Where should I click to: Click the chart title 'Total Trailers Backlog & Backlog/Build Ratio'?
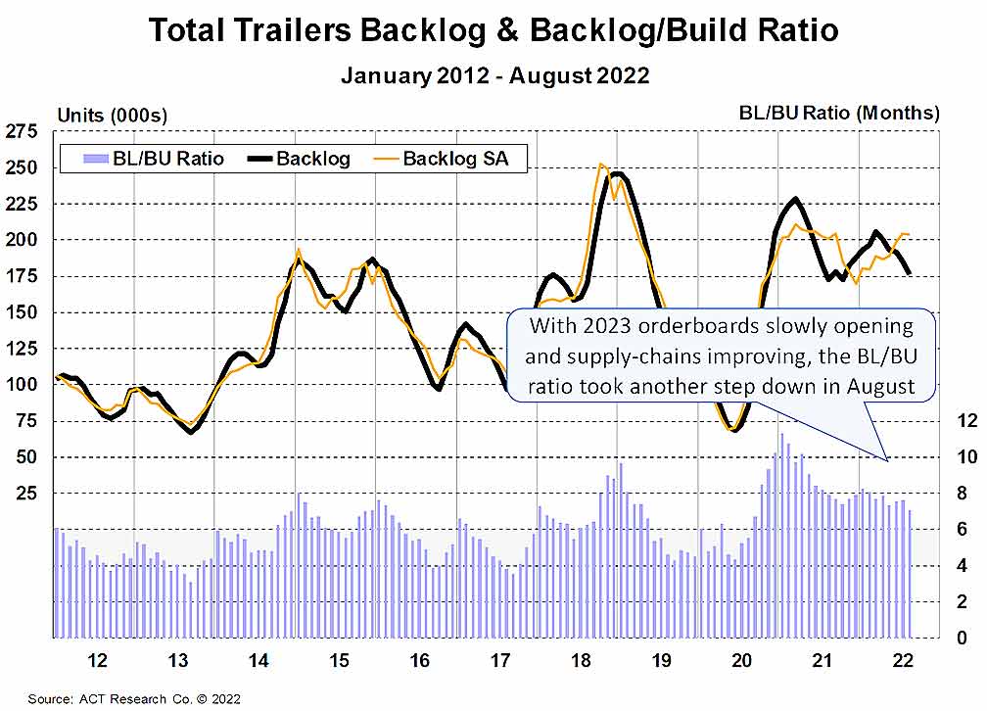(x=493, y=30)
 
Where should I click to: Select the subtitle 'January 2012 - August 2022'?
(x=493, y=75)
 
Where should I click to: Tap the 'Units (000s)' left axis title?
(x=112, y=115)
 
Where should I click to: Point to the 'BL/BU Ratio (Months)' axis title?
(x=839, y=113)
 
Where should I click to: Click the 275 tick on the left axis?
(x=22, y=132)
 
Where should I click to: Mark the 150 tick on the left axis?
(x=22, y=312)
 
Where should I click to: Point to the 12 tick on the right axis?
(x=966, y=421)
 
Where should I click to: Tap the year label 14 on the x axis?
(x=258, y=660)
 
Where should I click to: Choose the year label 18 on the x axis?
(x=581, y=660)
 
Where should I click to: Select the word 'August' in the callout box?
(x=881, y=386)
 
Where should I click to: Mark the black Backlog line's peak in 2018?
(x=618, y=174)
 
